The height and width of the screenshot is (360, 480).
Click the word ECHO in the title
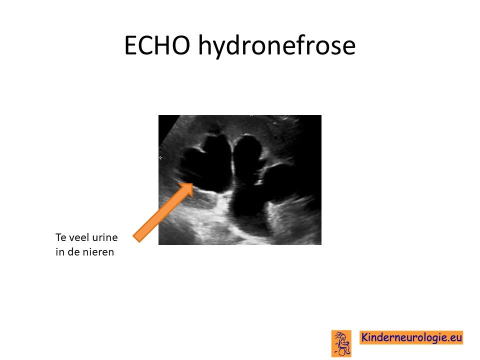[x=157, y=45]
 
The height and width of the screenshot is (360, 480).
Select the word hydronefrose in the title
[x=276, y=46]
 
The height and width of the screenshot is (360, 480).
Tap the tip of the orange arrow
[x=192, y=183]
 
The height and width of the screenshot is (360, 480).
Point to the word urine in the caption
[x=103, y=237]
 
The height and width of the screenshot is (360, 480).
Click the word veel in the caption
[x=75, y=237]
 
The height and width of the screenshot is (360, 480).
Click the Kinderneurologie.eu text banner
[x=411, y=337]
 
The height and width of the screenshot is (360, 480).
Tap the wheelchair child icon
[x=341, y=343]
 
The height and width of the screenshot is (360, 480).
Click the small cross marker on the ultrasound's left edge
[x=160, y=158]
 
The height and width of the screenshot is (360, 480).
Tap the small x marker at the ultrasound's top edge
[x=251, y=115]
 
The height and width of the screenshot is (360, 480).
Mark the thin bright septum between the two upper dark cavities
[x=232, y=162]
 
